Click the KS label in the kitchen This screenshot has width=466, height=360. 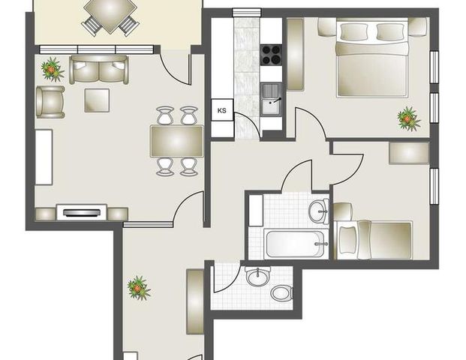[x=222, y=111]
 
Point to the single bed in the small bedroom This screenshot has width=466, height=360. [x=374, y=239]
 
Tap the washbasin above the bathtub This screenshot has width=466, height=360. [x=318, y=211]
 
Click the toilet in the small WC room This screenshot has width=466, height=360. [x=281, y=292]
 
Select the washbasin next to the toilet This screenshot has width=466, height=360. [x=258, y=276]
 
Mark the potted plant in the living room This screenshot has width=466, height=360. [x=53, y=70]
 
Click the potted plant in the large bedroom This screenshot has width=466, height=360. [x=408, y=118]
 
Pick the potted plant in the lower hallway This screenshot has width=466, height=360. [x=139, y=287]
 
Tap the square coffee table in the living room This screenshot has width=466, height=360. [x=97, y=100]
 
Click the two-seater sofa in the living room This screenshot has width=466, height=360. [x=99, y=70]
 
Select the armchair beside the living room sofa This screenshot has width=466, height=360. [x=50, y=101]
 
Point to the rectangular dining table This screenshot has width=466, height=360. [x=176, y=140]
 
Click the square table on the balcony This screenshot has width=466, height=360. [x=110, y=13]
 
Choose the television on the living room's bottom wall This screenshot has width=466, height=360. [x=80, y=213]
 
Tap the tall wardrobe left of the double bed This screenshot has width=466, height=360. [x=296, y=54]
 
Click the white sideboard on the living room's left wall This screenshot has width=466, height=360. [x=44, y=157]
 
